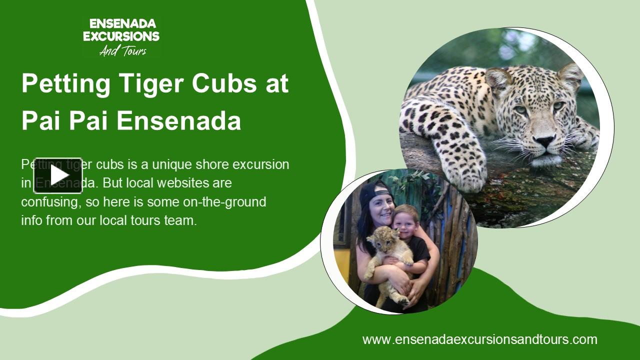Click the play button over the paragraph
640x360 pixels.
click(58, 175)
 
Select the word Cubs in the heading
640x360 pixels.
click(226, 83)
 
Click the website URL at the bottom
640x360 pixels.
click(479, 339)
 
